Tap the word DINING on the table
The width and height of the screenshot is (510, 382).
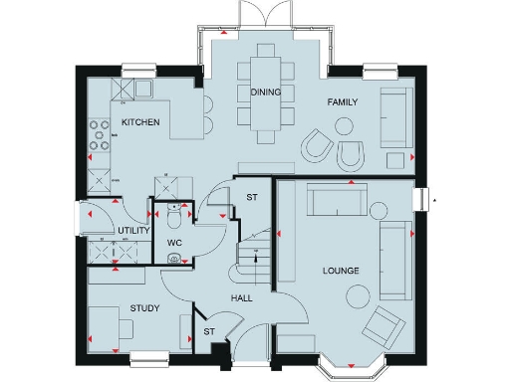click(265, 93)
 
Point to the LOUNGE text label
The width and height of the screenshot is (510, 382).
click(341, 271)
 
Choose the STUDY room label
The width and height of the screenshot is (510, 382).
click(145, 308)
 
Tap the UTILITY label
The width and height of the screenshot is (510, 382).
click(133, 231)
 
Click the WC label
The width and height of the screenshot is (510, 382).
click(173, 243)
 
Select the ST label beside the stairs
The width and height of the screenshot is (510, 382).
click(252, 198)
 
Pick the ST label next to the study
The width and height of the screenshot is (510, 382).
click(209, 331)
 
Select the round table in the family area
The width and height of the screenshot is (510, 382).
click(344, 126)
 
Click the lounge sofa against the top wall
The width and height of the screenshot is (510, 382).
click(335, 200)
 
